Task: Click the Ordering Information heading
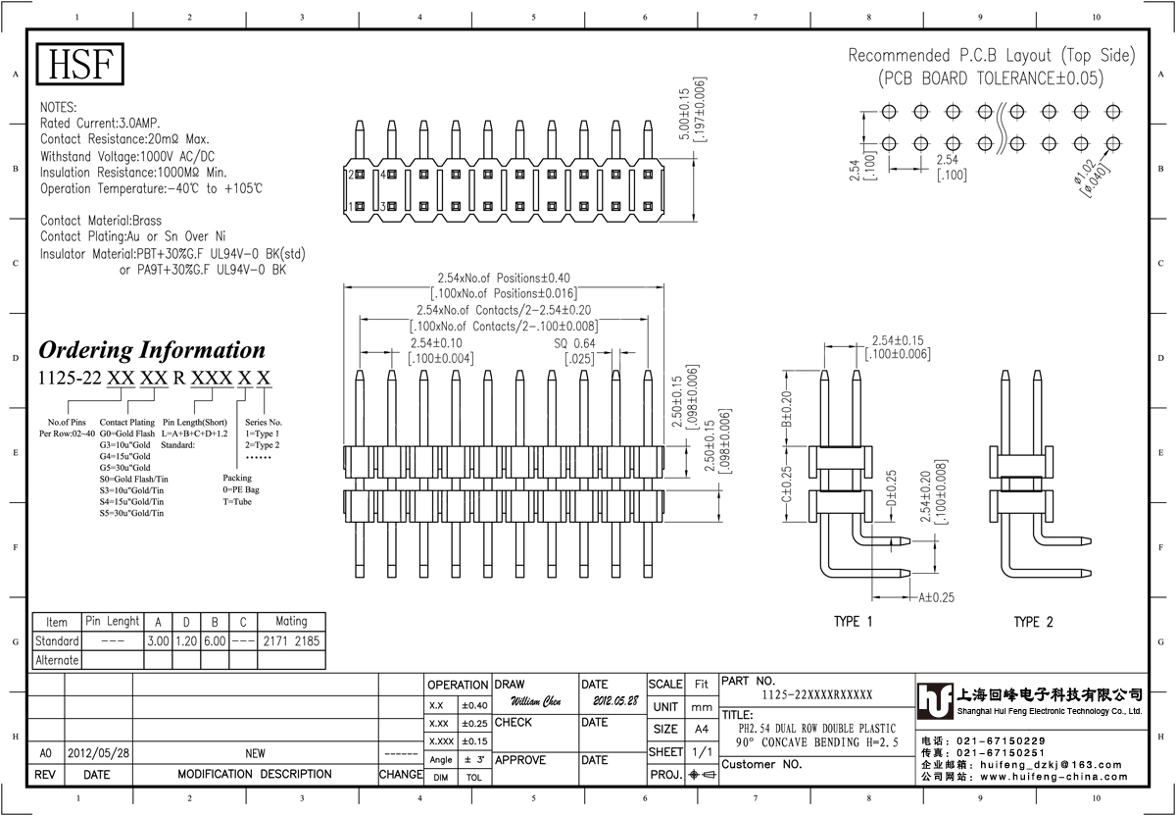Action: pos(152,350)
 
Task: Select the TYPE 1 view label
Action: pos(853,622)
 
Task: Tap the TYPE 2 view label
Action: pos(1033,622)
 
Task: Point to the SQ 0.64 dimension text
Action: pos(574,343)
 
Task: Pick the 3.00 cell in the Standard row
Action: pos(157,640)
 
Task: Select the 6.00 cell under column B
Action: pos(214,640)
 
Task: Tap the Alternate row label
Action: pos(57,660)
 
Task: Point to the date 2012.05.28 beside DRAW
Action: pos(614,702)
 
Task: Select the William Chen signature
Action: pos(536,702)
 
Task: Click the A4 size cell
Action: pos(701,729)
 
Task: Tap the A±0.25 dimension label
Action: pos(936,596)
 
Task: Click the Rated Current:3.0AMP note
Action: pos(101,124)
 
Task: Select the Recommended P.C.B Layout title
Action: pos(991,55)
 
